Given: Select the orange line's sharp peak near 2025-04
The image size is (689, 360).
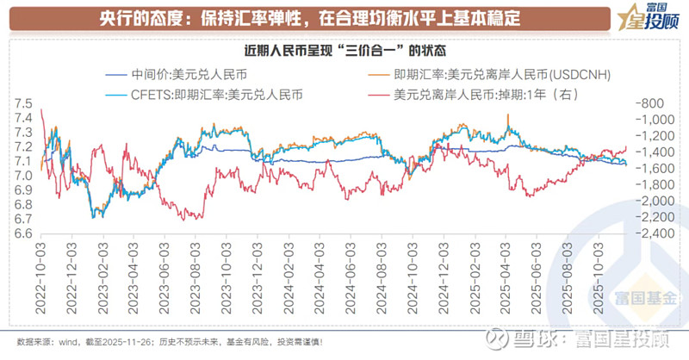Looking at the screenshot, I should tap(508, 115).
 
